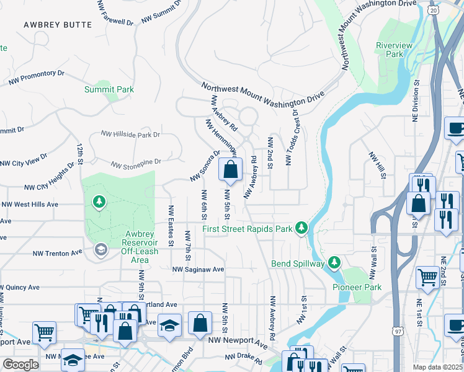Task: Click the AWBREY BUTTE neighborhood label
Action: [x=57, y=25]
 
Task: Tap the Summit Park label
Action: [x=109, y=90]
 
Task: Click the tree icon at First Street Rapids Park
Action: [x=301, y=228]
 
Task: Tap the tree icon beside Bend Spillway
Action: [x=335, y=263]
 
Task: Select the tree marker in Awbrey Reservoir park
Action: [x=98, y=201]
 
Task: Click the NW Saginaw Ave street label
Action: [x=198, y=270]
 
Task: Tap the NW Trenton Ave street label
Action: [x=57, y=253]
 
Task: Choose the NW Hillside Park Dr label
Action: [x=131, y=135]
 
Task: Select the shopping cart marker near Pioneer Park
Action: [x=427, y=278]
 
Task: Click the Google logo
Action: [x=21, y=365]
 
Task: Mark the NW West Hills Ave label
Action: [x=30, y=204]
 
